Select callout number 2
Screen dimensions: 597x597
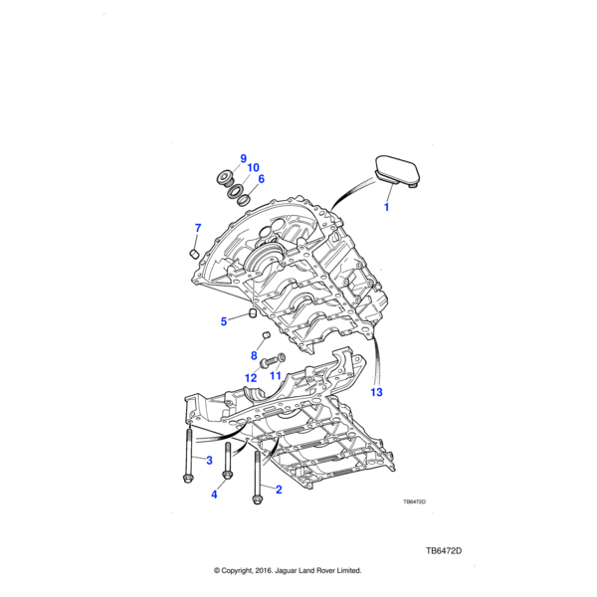pos(279,489)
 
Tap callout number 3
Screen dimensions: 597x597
pos(209,460)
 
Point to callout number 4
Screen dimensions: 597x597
pos(213,495)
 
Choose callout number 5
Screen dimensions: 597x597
pos(225,321)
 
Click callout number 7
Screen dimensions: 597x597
pos(197,230)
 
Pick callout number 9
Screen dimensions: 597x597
pos(243,159)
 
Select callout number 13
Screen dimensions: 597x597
pos(376,393)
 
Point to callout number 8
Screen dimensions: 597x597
pos(254,356)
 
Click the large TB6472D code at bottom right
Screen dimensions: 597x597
pos(444,550)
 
